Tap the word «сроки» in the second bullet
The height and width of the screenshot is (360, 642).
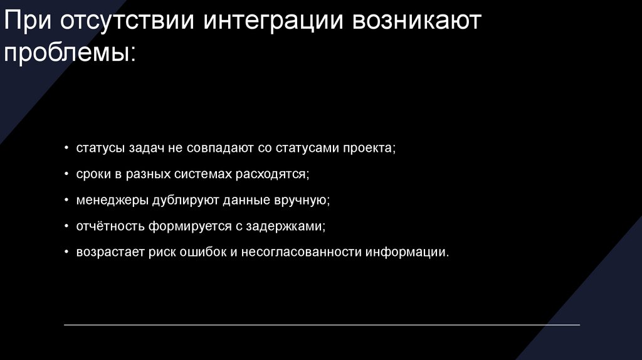click(92, 174)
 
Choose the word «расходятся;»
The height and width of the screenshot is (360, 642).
click(273, 174)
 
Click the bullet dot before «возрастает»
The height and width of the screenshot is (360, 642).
click(68, 253)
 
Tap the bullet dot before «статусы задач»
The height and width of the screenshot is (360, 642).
click(68, 149)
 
